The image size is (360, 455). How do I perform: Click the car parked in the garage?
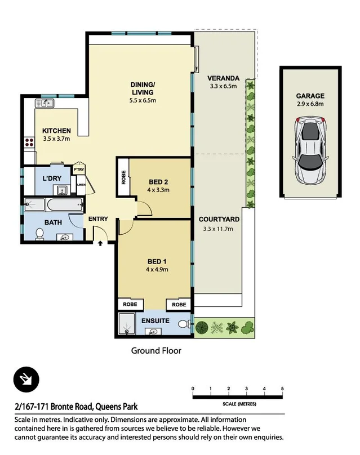point(309,150)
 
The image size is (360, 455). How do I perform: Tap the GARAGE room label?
point(310,96)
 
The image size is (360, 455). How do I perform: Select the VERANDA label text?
point(224,78)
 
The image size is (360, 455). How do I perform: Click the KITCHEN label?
point(57,131)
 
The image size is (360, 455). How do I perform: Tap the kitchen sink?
point(44,103)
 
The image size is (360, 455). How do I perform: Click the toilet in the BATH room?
point(40,234)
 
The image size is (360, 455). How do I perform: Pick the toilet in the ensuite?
point(184,325)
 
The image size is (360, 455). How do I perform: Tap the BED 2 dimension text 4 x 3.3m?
point(159,190)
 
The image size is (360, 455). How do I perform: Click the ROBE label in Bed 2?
point(123,178)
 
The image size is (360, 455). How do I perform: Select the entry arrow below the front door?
point(100,244)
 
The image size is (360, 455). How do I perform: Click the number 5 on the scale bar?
point(282,389)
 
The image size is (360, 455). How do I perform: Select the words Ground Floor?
point(156,350)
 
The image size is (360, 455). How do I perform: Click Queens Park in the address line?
point(115,406)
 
